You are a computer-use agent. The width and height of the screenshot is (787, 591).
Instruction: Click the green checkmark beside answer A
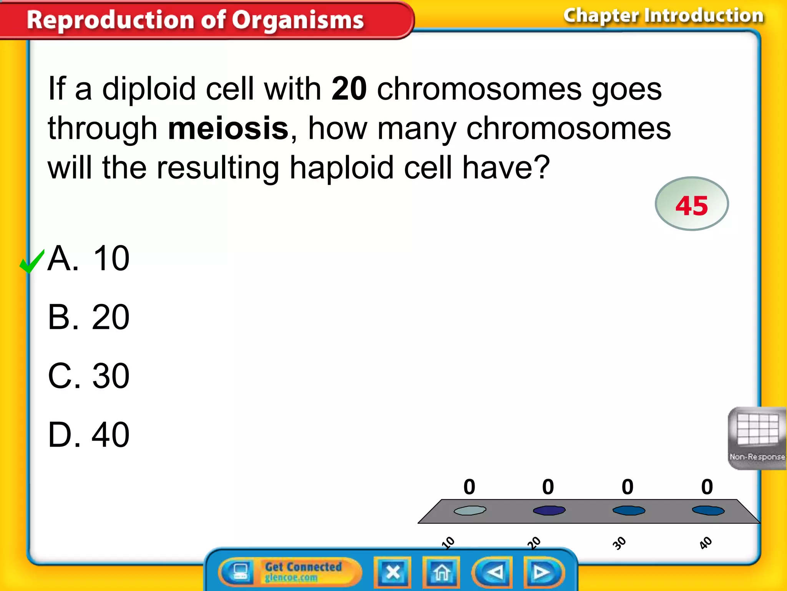(32, 261)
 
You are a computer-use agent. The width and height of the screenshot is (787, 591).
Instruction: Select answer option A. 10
(88, 259)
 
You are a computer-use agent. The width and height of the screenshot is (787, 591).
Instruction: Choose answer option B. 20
(88, 317)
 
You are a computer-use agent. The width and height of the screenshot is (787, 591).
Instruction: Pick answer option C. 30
(88, 376)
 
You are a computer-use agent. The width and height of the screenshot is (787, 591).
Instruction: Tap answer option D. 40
(88, 435)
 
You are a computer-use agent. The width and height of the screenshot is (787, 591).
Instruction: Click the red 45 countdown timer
(691, 204)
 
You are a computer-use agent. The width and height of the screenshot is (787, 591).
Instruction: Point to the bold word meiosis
(228, 129)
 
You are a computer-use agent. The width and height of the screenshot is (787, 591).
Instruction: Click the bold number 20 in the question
(349, 89)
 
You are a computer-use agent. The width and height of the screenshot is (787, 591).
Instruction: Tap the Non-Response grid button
(757, 438)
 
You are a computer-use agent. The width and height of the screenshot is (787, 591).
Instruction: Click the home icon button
(441, 573)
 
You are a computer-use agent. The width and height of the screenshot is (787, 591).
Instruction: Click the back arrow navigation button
(493, 573)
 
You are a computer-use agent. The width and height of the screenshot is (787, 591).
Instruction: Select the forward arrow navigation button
(542, 573)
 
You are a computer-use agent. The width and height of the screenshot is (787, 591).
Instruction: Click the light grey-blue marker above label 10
(470, 510)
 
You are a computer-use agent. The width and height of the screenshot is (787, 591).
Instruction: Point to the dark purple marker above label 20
(549, 510)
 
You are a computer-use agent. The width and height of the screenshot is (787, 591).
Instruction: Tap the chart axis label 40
(706, 543)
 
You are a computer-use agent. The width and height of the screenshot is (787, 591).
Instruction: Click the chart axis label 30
(619, 543)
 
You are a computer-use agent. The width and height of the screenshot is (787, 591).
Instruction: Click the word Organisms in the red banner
(297, 20)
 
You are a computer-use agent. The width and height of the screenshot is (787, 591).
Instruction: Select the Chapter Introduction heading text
(663, 16)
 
